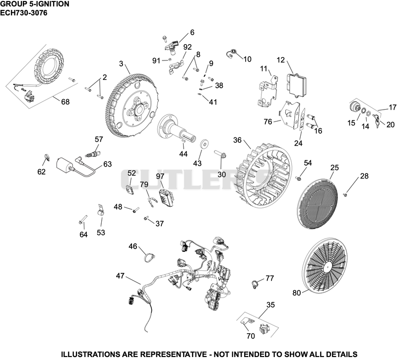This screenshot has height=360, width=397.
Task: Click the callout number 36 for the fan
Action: (x=237, y=140)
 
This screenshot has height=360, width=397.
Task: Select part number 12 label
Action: (x=280, y=60)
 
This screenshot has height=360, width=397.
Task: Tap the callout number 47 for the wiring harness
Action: (x=120, y=276)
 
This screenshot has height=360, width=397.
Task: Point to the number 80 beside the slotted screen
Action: (x=296, y=293)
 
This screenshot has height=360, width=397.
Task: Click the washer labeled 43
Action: (x=203, y=143)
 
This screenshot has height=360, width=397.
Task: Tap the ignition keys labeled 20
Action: (x=376, y=120)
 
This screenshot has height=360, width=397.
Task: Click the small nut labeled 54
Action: (x=299, y=179)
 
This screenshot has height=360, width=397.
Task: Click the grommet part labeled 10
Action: (x=231, y=54)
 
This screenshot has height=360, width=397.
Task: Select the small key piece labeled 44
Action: (x=184, y=140)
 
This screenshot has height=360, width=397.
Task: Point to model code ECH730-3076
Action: (x=23, y=13)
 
